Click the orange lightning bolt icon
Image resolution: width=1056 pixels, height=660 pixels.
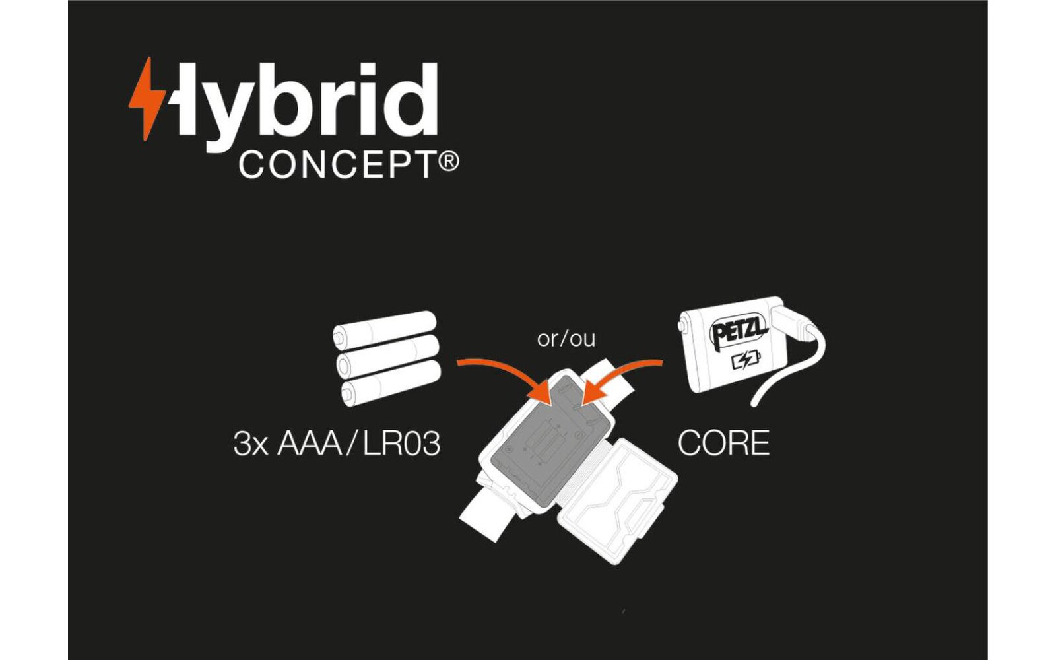[147, 98]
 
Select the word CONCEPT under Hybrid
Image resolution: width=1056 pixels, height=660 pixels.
[337, 165]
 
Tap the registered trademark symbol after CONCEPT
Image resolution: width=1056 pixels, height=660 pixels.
[448, 162]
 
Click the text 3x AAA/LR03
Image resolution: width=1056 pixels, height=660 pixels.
[337, 444]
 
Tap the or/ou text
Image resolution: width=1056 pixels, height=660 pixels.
[566, 339]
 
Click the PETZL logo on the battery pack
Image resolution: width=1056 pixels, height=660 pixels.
[739, 330]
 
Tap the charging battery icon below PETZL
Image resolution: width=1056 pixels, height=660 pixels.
[746, 360]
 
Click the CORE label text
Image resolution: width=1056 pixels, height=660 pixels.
[723, 444]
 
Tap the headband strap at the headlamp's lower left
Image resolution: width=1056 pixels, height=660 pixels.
[485, 511]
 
